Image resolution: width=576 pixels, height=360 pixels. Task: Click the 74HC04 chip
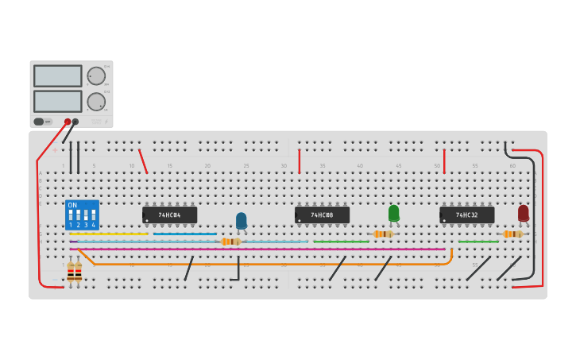(x=169, y=215)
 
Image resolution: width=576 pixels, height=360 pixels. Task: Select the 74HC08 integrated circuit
(x=322, y=215)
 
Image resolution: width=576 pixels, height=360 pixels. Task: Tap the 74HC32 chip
(x=466, y=215)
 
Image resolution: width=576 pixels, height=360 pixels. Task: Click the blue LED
(x=242, y=220)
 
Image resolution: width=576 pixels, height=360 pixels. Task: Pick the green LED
(x=393, y=213)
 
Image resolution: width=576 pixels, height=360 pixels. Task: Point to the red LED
(x=523, y=213)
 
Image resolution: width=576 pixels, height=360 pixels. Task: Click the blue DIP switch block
(x=82, y=215)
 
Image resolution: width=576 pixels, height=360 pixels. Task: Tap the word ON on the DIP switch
(x=72, y=205)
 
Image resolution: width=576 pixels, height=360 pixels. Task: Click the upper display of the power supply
(x=57, y=75)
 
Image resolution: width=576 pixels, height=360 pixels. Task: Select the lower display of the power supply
(x=57, y=101)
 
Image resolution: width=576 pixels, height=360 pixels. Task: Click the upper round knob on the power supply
(x=96, y=75)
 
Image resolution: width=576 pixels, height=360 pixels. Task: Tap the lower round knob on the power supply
(x=96, y=102)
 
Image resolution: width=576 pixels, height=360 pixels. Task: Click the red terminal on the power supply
(x=68, y=122)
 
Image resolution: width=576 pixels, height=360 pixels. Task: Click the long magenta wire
(x=254, y=249)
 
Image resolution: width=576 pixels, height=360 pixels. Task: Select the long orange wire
(x=270, y=264)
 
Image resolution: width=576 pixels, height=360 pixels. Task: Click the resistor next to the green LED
(x=383, y=234)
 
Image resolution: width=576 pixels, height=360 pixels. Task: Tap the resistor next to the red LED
(x=512, y=234)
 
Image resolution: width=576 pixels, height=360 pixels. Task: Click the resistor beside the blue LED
(x=230, y=242)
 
